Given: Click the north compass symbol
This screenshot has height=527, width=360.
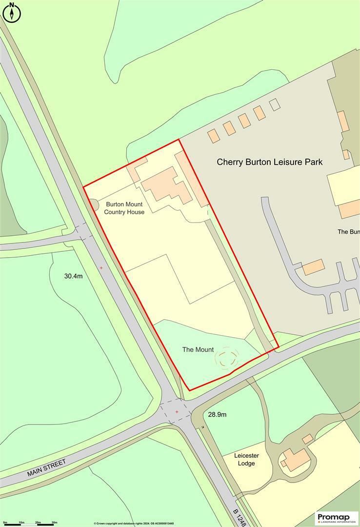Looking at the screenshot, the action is point(12,13).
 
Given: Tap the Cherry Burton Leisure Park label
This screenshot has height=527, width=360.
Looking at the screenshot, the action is point(269,162).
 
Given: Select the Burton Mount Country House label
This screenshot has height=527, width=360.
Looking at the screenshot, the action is point(124,208).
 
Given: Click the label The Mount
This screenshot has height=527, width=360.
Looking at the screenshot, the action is point(198,349).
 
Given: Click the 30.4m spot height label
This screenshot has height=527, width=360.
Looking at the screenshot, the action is point(74,276).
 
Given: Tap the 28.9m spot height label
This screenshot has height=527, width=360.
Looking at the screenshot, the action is point(217,414).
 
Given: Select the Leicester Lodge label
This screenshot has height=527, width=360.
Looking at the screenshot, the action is point(246,459).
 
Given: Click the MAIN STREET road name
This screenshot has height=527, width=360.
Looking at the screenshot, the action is point(46,467).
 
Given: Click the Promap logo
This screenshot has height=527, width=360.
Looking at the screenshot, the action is point(337,518).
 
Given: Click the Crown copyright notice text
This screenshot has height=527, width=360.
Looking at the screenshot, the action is point(134,524).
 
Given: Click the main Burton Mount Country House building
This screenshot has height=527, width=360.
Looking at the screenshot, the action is point(166,185).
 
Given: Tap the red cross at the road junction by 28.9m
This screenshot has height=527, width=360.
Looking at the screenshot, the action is point(177,412).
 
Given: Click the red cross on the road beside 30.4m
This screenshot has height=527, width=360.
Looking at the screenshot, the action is point(101,267).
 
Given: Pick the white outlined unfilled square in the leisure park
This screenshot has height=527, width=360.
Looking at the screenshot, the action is point(275,104).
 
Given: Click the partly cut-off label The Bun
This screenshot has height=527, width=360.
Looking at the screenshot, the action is point(348,232).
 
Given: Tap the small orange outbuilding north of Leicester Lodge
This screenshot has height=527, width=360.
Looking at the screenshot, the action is point(307,439).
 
